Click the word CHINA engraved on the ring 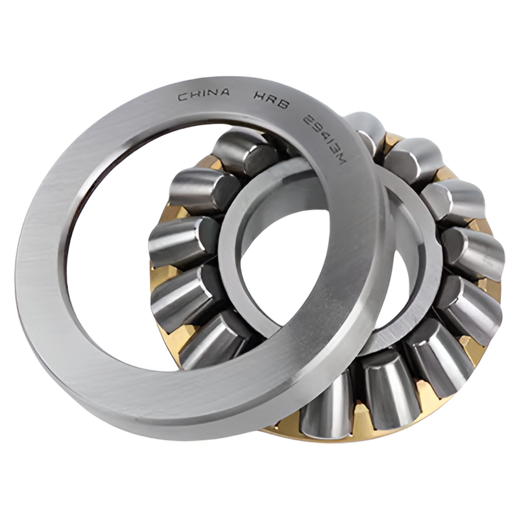click(x=204, y=95)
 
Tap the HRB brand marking click(x=271, y=100)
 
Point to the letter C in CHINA click(x=183, y=97)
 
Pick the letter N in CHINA click(x=213, y=93)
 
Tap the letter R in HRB click(x=271, y=99)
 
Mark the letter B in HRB click(x=284, y=104)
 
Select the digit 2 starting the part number click(x=308, y=119)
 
